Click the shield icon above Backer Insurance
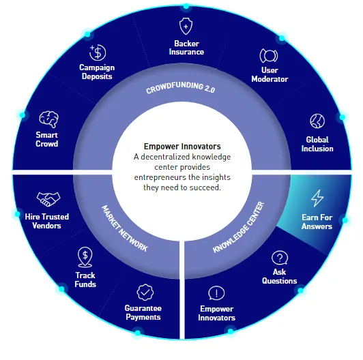186,26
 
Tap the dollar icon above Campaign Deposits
98,52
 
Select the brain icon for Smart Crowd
49,119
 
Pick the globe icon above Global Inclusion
317,121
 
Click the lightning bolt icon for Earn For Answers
317,198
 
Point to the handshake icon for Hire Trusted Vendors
48,199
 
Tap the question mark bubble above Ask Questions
280,258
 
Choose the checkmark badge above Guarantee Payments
145,292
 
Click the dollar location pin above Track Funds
85,257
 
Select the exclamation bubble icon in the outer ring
216,293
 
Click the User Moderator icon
269,55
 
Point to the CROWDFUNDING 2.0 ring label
181,87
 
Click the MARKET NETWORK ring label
125,228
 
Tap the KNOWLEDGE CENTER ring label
238,227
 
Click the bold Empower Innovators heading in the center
182,147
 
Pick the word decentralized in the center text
165,157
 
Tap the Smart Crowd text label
47,139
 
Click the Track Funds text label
85,280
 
